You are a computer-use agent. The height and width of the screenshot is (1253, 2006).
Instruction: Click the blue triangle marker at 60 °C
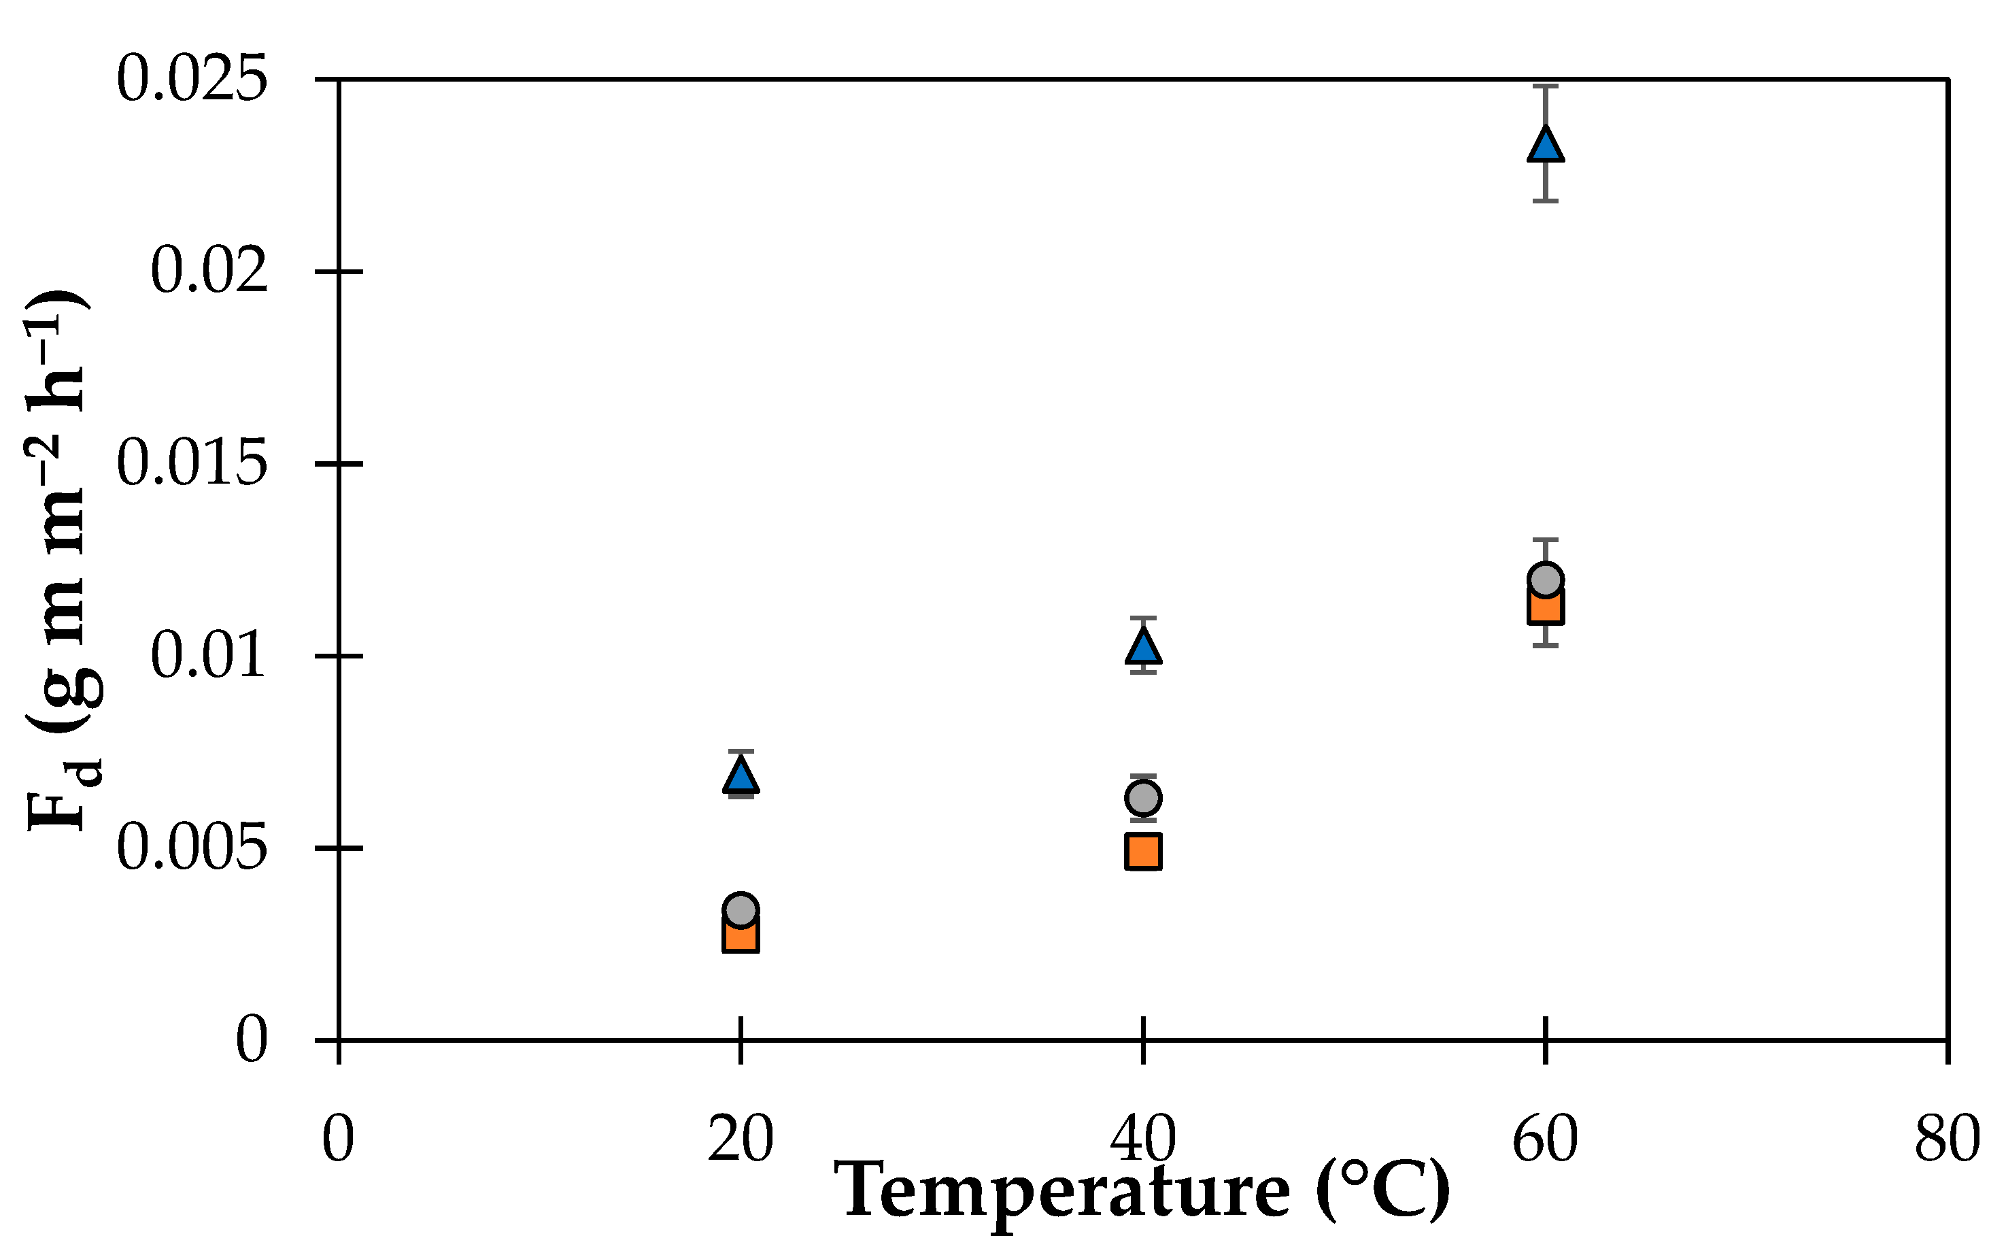click(x=1546, y=145)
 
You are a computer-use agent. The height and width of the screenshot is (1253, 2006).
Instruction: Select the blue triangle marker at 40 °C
click(x=1143, y=646)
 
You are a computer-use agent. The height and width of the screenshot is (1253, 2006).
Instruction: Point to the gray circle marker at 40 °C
click(x=1143, y=798)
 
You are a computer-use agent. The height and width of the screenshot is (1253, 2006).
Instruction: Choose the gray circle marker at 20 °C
click(x=741, y=910)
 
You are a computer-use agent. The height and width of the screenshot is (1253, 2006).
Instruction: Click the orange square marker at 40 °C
click(x=1143, y=851)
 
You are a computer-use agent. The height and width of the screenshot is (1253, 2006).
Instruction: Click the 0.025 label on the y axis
click(x=192, y=80)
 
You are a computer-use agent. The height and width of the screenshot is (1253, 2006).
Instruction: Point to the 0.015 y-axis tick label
click(x=192, y=463)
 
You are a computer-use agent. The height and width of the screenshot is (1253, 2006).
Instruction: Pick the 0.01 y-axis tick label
click(x=209, y=656)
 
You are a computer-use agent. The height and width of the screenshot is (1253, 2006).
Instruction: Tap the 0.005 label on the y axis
click(x=192, y=848)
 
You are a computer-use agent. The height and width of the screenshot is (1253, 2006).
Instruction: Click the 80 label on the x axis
click(x=1946, y=1139)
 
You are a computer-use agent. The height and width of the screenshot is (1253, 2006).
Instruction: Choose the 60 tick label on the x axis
click(x=1546, y=1139)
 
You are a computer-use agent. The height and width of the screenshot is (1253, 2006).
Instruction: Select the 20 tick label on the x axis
click(x=741, y=1139)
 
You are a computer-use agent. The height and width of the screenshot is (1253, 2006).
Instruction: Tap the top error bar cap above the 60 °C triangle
click(x=1546, y=86)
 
